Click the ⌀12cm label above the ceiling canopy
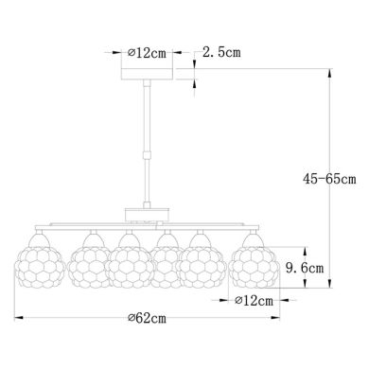149,50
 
